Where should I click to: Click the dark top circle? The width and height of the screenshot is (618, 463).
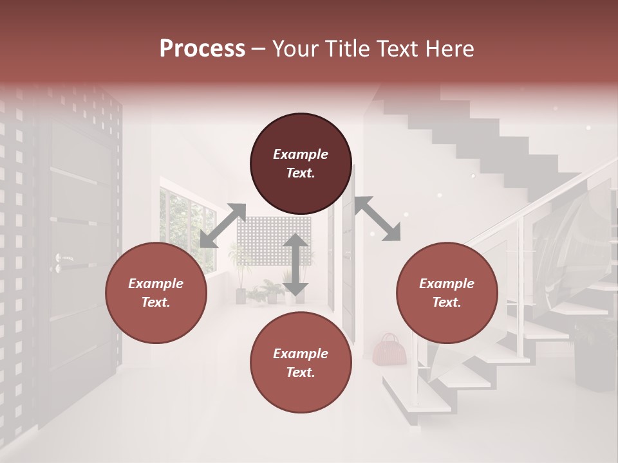tap(301, 164)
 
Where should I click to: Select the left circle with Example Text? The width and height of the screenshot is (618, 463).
tap(156, 293)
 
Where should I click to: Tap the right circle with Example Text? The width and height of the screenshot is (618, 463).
tap(447, 293)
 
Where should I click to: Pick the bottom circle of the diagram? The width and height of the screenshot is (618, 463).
tap(301, 363)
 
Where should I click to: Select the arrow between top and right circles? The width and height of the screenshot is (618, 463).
tap(377, 219)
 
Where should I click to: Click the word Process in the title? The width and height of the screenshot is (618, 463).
tap(202, 49)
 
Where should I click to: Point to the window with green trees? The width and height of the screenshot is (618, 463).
tap(187, 228)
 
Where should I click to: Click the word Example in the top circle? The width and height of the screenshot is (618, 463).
tap(301, 154)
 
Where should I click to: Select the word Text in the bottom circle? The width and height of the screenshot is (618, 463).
tap(301, 372)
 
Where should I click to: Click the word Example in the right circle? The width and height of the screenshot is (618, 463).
tap(447, 284)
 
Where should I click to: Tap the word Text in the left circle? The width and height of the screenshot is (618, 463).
tap(156, 302)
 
